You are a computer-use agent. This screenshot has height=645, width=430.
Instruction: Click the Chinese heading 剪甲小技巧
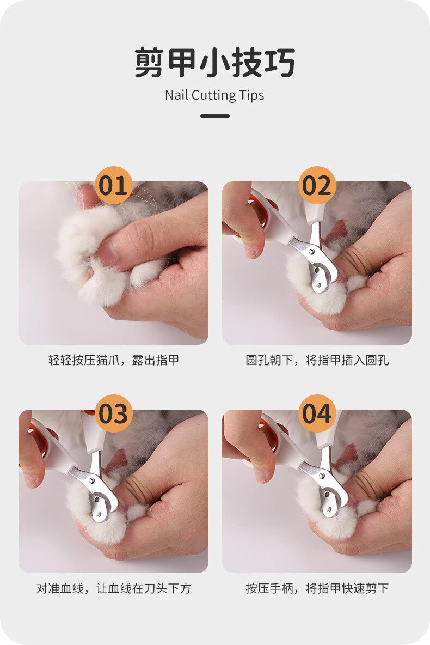214,62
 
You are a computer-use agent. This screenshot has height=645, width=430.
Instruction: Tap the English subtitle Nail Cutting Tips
214,95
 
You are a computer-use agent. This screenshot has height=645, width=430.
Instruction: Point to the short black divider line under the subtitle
215,116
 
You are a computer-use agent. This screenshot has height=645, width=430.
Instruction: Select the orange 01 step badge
113,185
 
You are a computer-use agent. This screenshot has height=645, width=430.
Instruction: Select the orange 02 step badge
317,185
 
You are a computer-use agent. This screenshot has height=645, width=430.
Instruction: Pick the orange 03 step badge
113,413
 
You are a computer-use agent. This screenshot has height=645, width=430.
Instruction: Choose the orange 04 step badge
317,413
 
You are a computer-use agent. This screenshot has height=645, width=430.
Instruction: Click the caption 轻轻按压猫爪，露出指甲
113,360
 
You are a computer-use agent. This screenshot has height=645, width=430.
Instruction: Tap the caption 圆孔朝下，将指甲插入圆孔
317,360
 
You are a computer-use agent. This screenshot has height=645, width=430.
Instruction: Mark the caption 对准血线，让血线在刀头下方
113,589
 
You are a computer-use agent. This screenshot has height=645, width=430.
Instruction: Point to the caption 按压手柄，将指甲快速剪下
317,589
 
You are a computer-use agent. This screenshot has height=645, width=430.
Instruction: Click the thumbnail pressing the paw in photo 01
108,254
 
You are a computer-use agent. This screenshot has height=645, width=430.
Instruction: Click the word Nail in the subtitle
175,95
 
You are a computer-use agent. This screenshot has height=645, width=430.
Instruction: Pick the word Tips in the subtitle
251,95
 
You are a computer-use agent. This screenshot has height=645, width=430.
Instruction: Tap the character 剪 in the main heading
149,62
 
